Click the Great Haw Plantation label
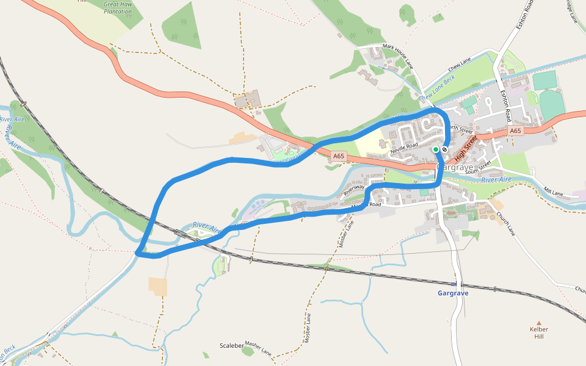(118, 8)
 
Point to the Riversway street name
(353, 190)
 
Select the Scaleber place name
(231, 345)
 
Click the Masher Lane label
(258, 348)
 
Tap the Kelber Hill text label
(538, 333)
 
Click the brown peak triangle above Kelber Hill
(538, 323)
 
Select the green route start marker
(436, 149)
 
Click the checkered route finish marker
(445, 149)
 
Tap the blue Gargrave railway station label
(453, 293)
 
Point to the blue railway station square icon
(453, 284)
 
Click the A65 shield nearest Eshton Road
(516, 131)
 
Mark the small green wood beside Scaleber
(247, 351)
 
